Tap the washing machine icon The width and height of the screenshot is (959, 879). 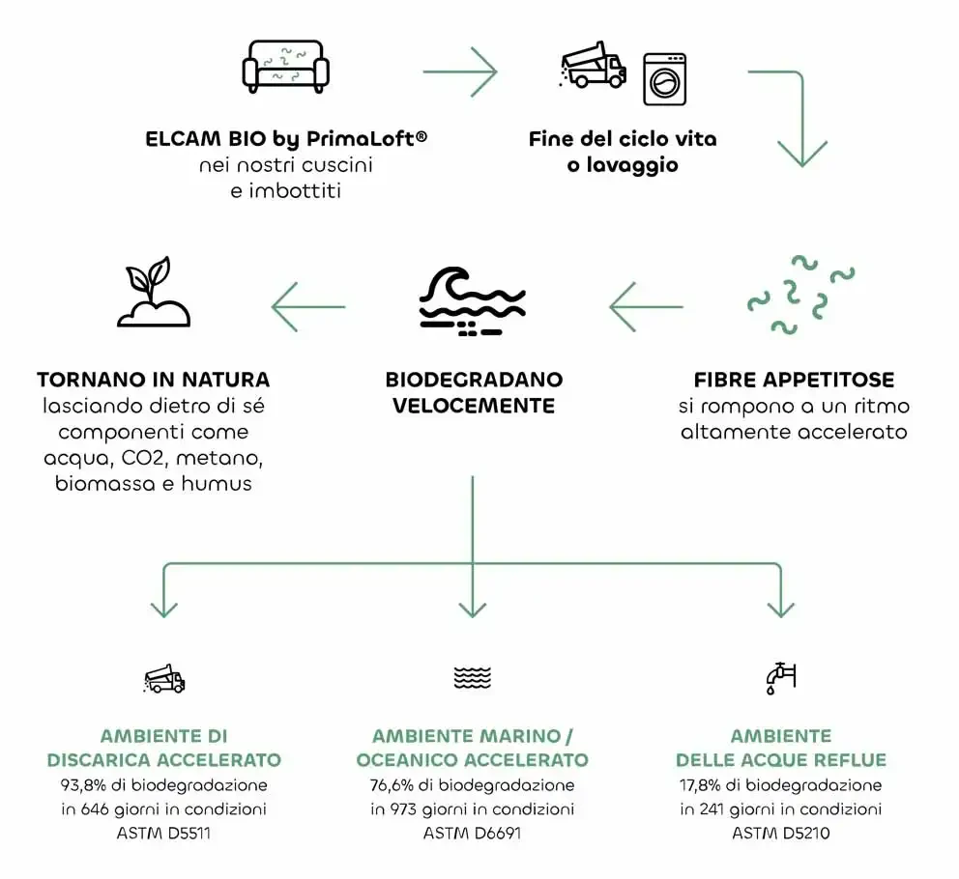click(x=664, y=79)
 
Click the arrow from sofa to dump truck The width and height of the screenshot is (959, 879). click(x=459, y=71)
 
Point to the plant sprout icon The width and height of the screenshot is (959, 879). click(x=153, y=292)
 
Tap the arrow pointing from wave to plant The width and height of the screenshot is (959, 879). click(x=308, y=307)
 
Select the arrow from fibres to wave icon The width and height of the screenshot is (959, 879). click(x=646, y=307)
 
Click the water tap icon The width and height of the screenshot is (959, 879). click(x=779, y=678)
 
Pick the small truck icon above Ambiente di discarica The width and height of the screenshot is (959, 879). click(x=163, y=680)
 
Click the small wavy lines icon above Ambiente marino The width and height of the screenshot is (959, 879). click(x=472, y=678)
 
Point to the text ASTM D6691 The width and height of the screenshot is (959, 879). click(x=472, y=833)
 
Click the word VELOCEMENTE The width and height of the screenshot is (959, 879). click(x=473, y=406)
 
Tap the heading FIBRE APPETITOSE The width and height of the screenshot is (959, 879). click(x=794, y=381)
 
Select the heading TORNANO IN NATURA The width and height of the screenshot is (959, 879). click(x=153, y=381)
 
